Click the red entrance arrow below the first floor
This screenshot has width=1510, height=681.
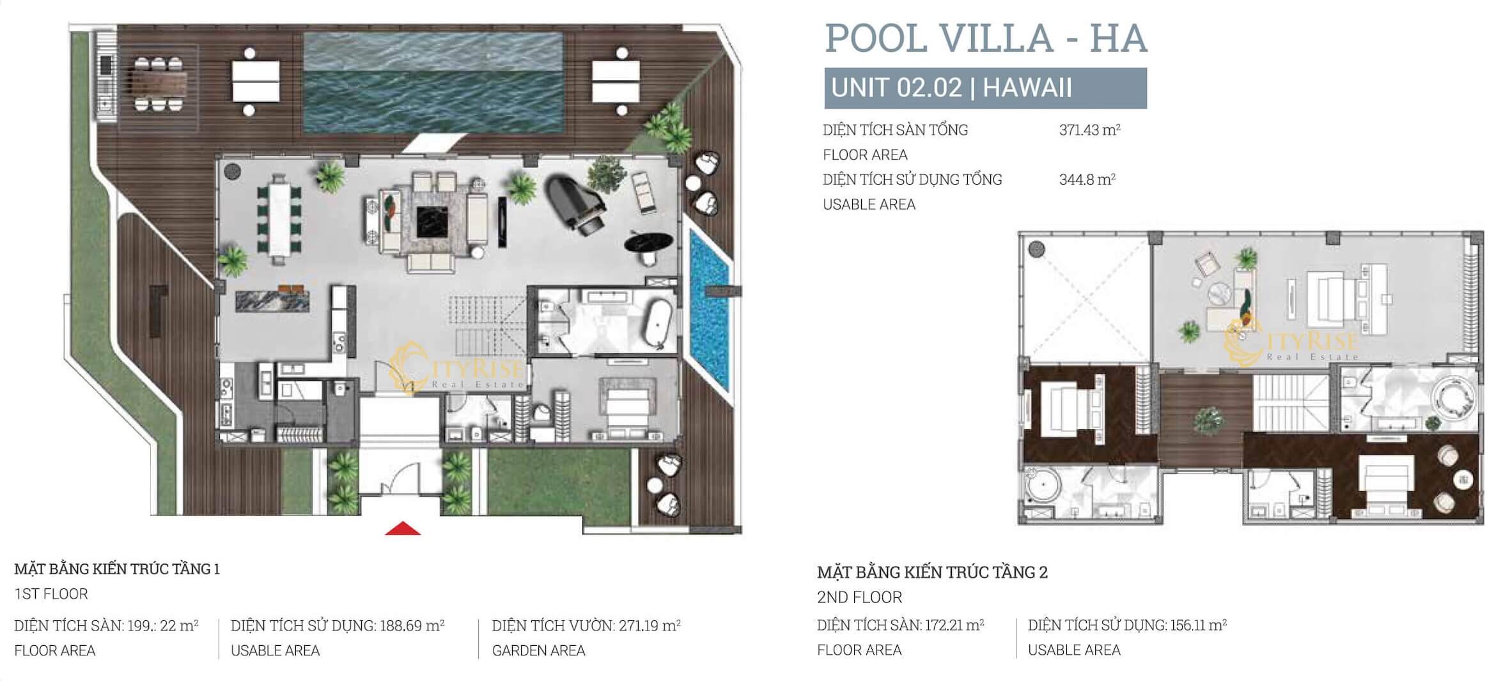[403, 528]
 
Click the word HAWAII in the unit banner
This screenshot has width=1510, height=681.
[1027, 88]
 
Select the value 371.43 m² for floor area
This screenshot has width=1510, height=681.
[1090, 130]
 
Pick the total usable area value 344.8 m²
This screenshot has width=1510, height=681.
[1087, 180]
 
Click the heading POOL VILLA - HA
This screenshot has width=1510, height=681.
[986, 38]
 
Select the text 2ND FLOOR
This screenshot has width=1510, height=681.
[860, 597]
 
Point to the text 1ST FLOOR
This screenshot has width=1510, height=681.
[51, 593]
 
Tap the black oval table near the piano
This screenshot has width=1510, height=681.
[648, 243]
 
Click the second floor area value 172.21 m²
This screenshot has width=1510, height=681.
[953, 625]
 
